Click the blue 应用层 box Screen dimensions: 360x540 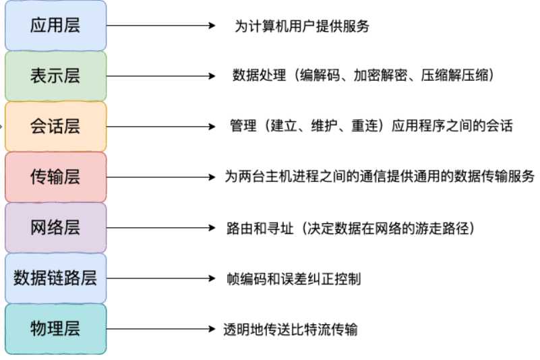point(55,26)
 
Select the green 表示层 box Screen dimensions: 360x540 point(55,76)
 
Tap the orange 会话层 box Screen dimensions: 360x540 point(55,126)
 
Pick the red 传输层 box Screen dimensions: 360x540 point(55,177)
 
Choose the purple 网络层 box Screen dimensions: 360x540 point(55,227)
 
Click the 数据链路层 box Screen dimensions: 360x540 point(55,278)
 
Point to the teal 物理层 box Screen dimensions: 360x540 point(55,328)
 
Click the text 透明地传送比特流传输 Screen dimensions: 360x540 point(291,330)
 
